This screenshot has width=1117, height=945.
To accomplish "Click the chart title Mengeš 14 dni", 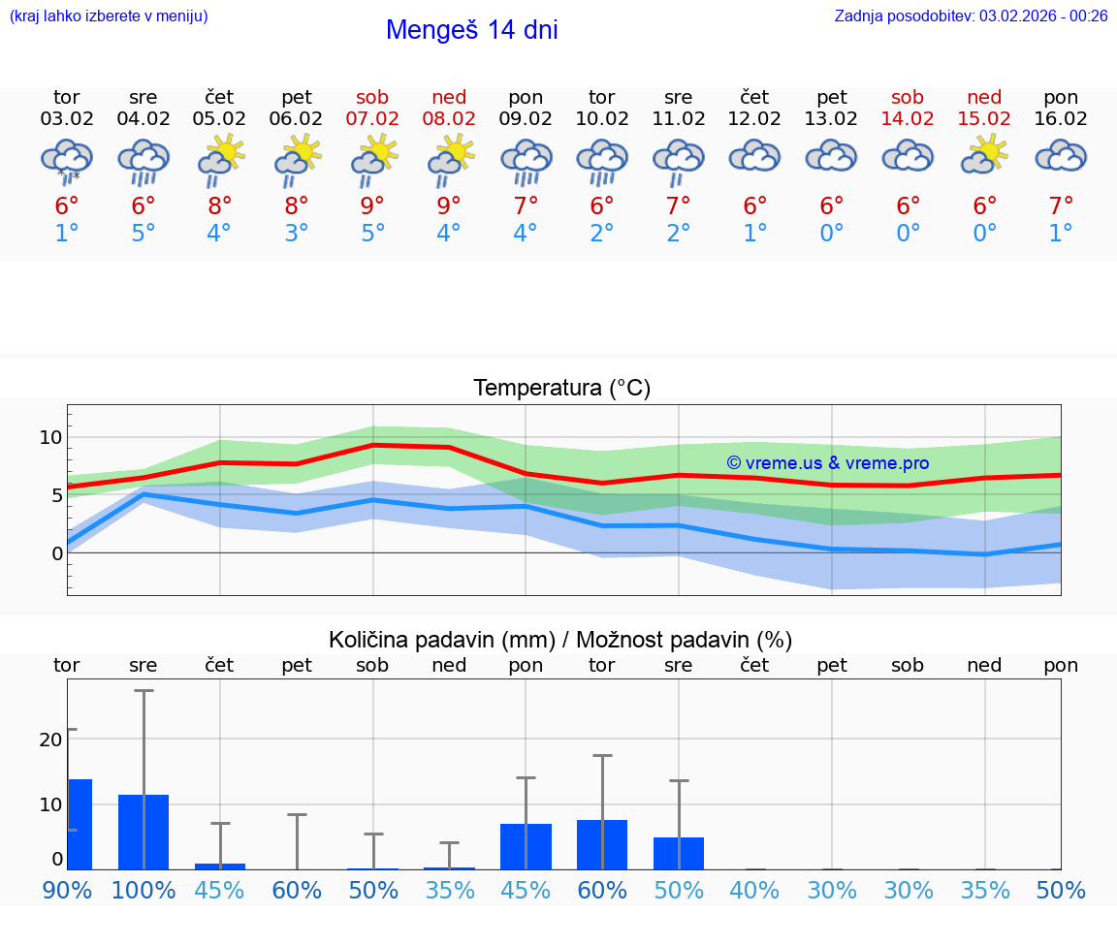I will (x=471, y=30).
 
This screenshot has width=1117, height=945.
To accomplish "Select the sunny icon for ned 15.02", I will (x=985, y=155).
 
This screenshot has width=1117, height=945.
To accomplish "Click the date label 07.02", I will (x=372, y=119).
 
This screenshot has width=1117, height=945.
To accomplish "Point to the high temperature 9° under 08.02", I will (x=449, y=205).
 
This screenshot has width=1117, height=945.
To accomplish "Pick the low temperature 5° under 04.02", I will (x=144, y=234).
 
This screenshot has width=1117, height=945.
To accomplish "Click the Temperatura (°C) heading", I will (x=561, y=389).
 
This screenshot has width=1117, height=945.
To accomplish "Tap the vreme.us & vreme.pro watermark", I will (x=827, y=463).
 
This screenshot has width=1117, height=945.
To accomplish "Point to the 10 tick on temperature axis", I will (x=50, y=437).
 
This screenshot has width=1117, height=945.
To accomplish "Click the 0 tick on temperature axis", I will (x=57, y=553).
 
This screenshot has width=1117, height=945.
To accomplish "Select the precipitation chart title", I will (x=560, y=640).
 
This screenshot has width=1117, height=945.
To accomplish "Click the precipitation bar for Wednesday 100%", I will (x=144, y=832).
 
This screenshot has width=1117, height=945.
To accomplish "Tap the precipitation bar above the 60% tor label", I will (x=602, y=844).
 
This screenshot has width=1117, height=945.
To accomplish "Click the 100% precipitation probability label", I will (x=144, y=891).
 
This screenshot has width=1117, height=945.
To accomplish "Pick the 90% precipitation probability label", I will (x=67, y=891).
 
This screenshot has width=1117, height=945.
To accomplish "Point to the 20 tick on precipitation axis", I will (x=50, y=739).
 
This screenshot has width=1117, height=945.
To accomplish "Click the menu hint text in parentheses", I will (x=109, y=16).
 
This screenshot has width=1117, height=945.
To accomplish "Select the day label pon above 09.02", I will (x=526, y=97).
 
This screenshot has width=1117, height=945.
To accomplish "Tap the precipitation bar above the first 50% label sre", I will (x=679, y=853).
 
